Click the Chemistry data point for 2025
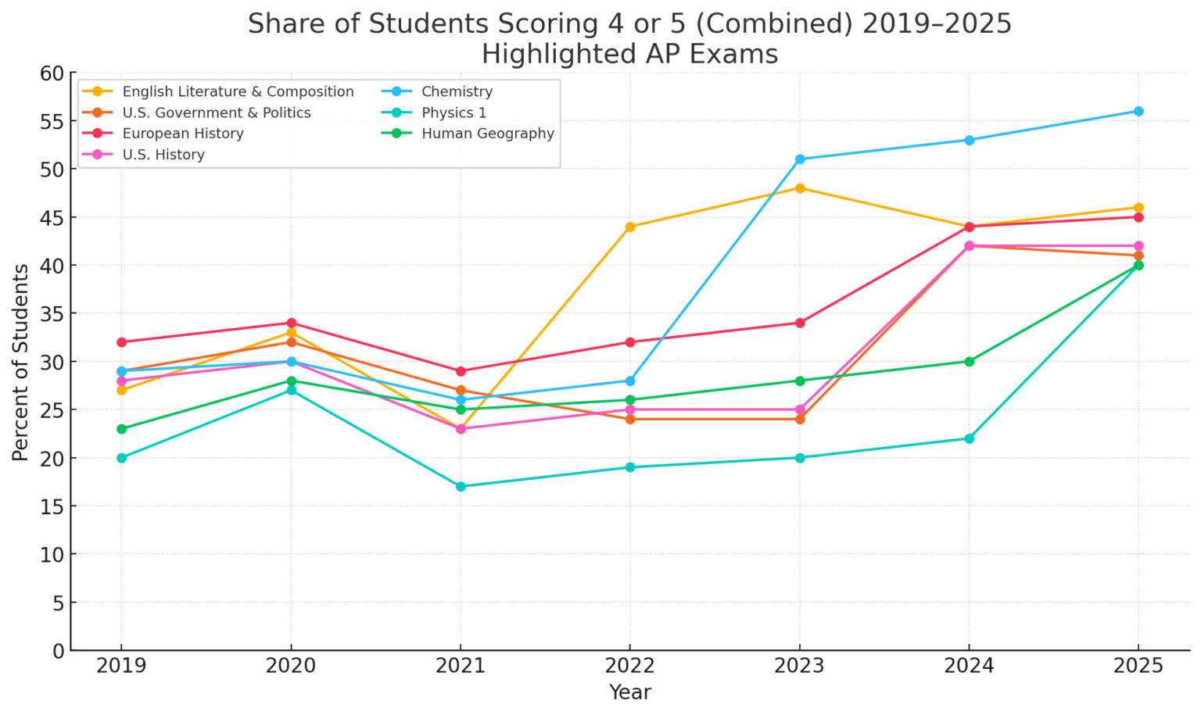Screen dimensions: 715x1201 coord(1138,111)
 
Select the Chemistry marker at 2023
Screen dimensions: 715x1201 coord(800,159)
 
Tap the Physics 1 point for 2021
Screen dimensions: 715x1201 coord(461,486)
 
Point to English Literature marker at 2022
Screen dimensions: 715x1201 coord(630,227)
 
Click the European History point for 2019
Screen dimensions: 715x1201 coord(121,342)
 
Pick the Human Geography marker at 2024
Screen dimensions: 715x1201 coord(970,361)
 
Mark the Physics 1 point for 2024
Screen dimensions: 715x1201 coord(970,438)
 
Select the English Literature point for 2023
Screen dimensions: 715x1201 coord(800,188)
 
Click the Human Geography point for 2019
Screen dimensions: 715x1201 coord(121,429)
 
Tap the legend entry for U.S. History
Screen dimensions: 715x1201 coord(163,155)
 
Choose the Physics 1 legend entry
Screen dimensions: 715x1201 coord(454,113)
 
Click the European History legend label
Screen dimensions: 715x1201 coord(183,134)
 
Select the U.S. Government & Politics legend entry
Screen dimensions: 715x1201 coord(217,113)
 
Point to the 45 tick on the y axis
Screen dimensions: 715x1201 coord(52,217)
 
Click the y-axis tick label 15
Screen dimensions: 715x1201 coord(52,506)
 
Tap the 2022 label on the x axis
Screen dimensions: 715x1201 coord(630,666)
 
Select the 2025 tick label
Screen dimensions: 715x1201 coord(1138,666)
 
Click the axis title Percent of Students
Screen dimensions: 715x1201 coord(21,361)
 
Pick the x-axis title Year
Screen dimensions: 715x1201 coord(630,692)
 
